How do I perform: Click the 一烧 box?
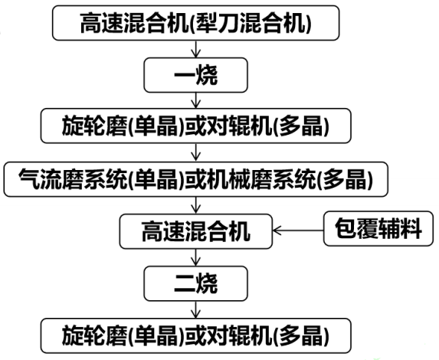click(x=195, y=75)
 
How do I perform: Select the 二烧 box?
click(x=195, y=283)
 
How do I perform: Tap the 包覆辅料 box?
click(x=378, y=229)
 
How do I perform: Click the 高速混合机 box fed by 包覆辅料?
click(x=195, y=231)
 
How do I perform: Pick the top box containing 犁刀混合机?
click(x=195, y=23)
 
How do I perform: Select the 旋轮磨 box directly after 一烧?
click(x=195, y=126)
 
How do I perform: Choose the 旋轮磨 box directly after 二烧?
click(x=195, y=335)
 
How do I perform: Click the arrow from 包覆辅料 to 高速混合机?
click(x=298, y=231)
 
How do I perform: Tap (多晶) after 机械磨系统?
click(x=345, y=179)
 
